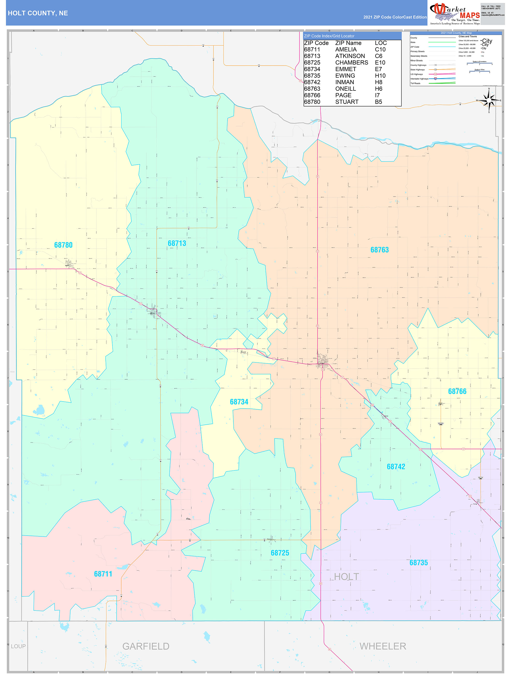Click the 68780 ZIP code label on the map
point(63,245)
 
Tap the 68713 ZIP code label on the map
point(177,243)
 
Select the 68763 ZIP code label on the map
point(380,250)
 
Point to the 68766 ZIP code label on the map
point(457,391)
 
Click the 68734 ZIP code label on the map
point(239,402)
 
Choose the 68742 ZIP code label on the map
point(396,467)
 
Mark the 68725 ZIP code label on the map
point(280,553)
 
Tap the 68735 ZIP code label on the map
point(418,563)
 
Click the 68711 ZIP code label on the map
point(103,574)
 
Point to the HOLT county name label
point(347,577)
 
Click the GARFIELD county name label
point(146,646)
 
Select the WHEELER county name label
point(383,646)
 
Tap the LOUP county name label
point(18,646)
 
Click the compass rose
point(489,100)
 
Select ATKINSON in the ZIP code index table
point(350,56)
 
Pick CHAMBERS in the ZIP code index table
point(352,62)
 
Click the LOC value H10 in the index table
point(380,76)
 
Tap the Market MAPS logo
point(454,14)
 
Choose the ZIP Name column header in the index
point(348,43)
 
